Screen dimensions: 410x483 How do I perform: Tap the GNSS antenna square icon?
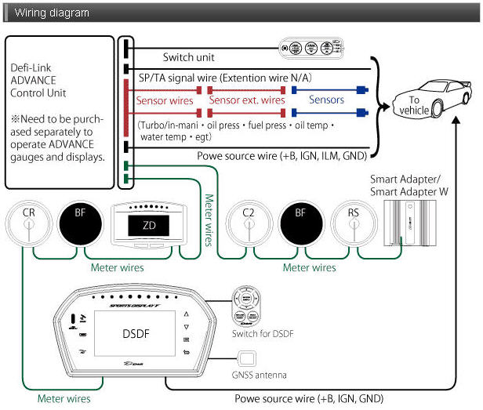(247, 360)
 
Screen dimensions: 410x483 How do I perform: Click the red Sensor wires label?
(165, 101)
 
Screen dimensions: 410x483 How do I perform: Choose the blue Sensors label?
(326, 100)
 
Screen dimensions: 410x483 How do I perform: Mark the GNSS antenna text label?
(260, 376)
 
